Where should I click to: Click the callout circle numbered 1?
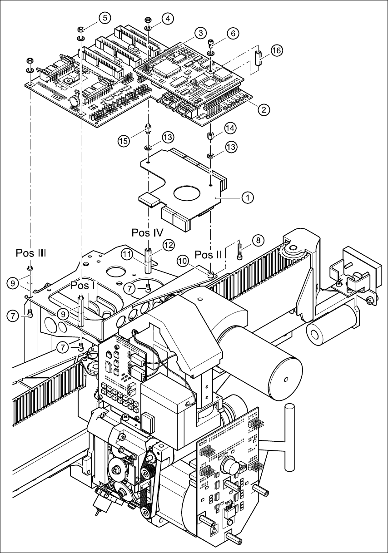pos(247,197)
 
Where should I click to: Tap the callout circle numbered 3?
pos(199,33)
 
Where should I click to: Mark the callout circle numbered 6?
pos(233,34)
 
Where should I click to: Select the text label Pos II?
pos(208,254)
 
